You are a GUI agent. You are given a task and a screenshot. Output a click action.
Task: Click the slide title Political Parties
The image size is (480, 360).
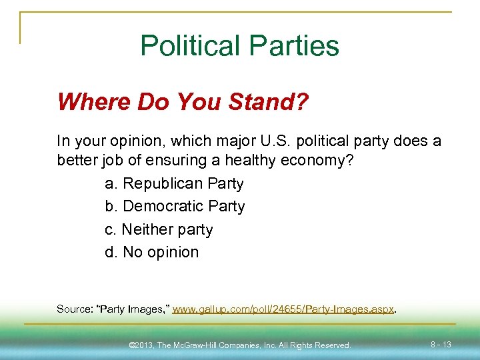pos(239,46)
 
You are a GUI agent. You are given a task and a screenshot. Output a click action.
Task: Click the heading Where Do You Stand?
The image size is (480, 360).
pos(183,102)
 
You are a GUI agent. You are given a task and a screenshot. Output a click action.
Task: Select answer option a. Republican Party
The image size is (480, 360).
pos(174,183)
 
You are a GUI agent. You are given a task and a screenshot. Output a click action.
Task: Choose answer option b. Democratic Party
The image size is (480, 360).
pos(175,207)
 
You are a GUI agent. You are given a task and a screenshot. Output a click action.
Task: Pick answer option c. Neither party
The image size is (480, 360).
pos(159,229)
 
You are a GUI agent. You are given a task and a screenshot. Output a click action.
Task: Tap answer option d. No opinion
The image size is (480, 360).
pos(151,252)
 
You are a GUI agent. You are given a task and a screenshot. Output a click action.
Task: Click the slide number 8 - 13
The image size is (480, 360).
pos(441,344)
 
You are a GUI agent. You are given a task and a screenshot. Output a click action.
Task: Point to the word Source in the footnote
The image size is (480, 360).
pos(74,309)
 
